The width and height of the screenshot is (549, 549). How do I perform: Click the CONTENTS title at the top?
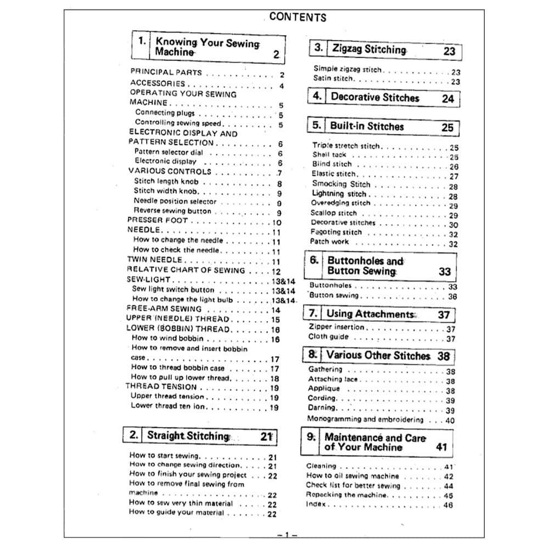[298, 17]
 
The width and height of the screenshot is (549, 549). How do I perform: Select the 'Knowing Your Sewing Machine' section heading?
[207, 47]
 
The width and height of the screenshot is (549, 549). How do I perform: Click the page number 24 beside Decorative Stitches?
[448, 99]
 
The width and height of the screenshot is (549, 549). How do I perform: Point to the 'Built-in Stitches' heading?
[366, 126]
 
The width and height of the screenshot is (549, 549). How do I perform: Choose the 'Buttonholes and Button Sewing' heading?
[365, 266]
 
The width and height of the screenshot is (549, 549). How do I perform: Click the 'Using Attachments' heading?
[369, 314]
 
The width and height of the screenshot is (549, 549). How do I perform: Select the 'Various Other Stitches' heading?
[378, 355]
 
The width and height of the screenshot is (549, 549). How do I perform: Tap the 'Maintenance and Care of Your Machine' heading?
[375, 442]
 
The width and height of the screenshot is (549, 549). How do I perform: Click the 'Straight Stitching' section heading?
[187, 436]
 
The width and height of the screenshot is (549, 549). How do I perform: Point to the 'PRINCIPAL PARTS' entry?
[166, 72]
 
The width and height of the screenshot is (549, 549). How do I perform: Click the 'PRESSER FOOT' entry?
[158, 221]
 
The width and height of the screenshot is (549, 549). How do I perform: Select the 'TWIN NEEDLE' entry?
[155, 260]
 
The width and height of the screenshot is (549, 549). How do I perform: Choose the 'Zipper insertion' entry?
[337, 327]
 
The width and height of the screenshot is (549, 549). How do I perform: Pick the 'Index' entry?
[316, 504]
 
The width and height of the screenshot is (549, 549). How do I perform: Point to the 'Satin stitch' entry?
[333, 79]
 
